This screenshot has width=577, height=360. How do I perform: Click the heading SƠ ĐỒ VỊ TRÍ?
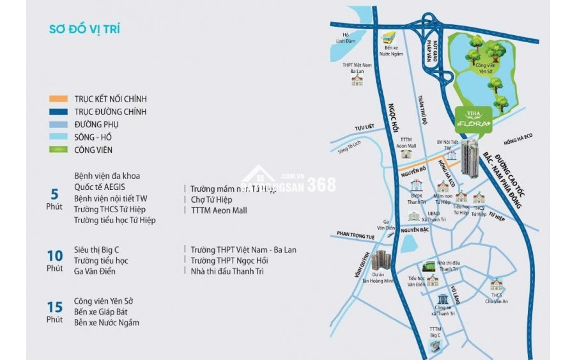tap(85, 29)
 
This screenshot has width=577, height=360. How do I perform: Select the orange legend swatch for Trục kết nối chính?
tap(59, 99)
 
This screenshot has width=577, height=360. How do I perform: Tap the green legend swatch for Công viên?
tap(59, 150)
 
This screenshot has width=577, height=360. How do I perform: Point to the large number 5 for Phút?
tap(54, 194)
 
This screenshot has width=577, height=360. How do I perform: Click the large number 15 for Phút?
tap(54, 307)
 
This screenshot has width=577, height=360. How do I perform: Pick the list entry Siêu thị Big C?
tap(100, 249)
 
